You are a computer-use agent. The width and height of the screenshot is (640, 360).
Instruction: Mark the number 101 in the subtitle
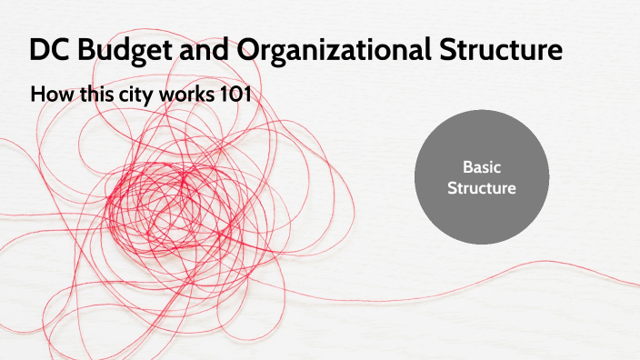[x=234, y=94]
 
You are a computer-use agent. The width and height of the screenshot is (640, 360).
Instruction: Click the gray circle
[x=482, y=178]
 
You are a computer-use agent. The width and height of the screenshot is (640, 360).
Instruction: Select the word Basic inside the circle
[x=482, y=168]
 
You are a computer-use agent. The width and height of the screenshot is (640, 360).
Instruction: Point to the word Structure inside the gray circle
[x=482, y=189]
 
